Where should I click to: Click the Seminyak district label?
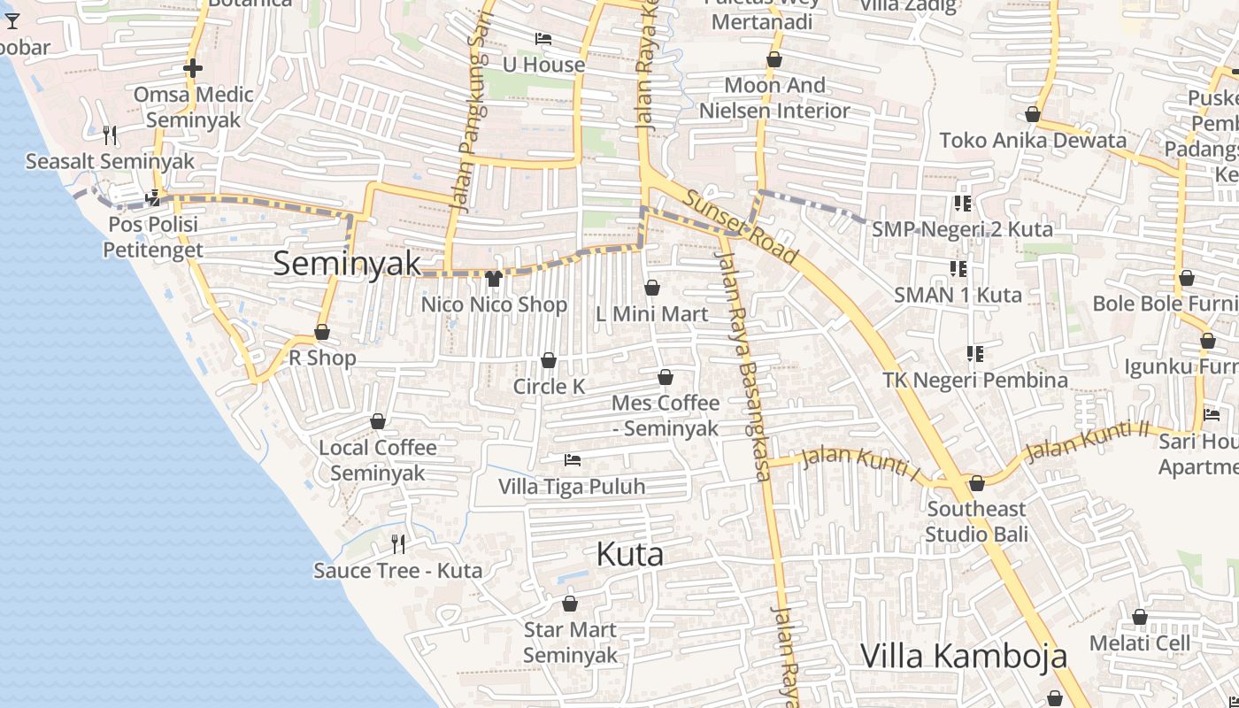[x=347, y=263]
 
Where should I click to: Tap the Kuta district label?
[x=630, y=555]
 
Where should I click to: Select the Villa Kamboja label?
[x=963, y=656]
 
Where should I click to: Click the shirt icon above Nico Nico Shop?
[x=494, y=279]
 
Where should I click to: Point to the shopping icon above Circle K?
[x=549, y=360]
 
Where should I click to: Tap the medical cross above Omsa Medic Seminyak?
[x=193, y=67]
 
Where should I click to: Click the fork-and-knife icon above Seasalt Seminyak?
[x=110, y=135]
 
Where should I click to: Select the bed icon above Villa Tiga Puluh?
[x=573, y=460]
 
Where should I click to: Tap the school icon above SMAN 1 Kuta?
[x=958, y=267]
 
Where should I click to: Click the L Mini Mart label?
[x=651, y=314]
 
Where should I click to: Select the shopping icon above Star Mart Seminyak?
[x=570, y=604]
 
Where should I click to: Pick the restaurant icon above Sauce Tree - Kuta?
[x=398, y=543]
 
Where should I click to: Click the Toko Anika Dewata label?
[x=1033, y=140]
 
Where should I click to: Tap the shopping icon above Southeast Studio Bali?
[x=977, y=483]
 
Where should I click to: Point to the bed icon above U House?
[x=543, y=39]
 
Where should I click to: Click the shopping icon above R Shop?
[x=322, y=332]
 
